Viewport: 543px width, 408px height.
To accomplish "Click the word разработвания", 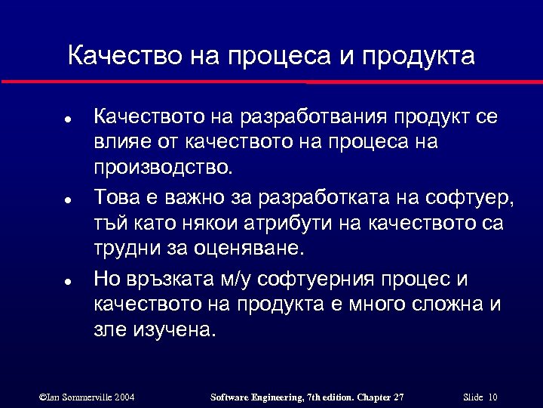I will pyautogui.click(x=313, y=118).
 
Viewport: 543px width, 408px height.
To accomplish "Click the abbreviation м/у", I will pyautogui.click(x=233, y=281).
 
